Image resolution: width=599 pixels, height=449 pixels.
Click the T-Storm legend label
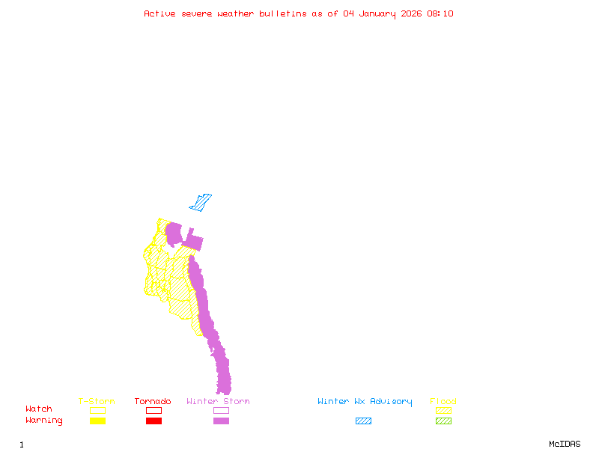tap(97, 402)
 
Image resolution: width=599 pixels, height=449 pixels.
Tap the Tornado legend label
tap(153, 402)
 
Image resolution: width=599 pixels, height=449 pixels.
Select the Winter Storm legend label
tap(218, 402)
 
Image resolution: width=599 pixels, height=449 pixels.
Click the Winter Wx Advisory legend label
tap(365, 402)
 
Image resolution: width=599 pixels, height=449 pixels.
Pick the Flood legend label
tap(443, 402)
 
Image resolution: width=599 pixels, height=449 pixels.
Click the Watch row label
tap(39, 409)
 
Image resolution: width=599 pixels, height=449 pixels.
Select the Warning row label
tap(44, 421)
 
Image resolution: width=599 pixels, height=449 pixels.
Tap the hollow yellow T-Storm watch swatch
tap(97, 410)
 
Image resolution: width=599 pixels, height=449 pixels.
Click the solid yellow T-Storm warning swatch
tap(97, 421)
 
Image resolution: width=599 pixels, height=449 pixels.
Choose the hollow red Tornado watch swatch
tap(153, 410)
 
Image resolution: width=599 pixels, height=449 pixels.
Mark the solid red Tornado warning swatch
tap(153, 421)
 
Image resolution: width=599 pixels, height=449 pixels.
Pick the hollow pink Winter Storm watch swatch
tap(221, 410)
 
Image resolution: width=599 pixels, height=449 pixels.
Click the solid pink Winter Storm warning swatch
tap(221, 421)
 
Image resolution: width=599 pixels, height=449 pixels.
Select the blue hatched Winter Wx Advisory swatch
tap(363, 421)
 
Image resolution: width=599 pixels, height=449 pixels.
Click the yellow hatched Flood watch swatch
tap(443, 410)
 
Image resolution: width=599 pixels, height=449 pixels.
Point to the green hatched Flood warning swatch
tap(443, 421)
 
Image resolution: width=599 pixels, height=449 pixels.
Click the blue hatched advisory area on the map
tap(201, 202)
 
